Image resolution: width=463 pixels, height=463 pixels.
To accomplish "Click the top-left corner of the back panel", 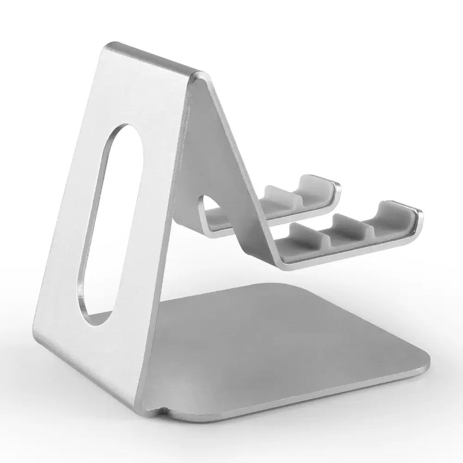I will tap(109, 46).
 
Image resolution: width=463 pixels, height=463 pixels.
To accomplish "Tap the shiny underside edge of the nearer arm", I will tap(352, 255).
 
